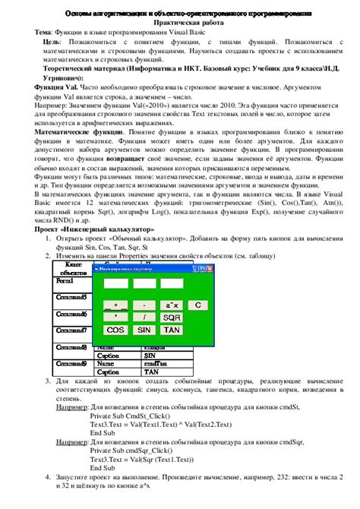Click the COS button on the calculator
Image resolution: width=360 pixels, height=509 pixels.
[x=115, y=330]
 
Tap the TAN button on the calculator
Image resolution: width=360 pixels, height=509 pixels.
[x=172, y=330]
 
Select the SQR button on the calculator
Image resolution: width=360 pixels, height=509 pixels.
[x=172, y=317]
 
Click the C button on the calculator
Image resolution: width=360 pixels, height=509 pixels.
[x=197, y=305]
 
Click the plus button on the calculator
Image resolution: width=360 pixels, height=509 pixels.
[x=115, y=305]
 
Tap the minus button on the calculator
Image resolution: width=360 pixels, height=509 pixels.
[x=144, y=305]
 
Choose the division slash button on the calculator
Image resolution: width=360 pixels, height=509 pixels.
[x=144, y=317]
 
